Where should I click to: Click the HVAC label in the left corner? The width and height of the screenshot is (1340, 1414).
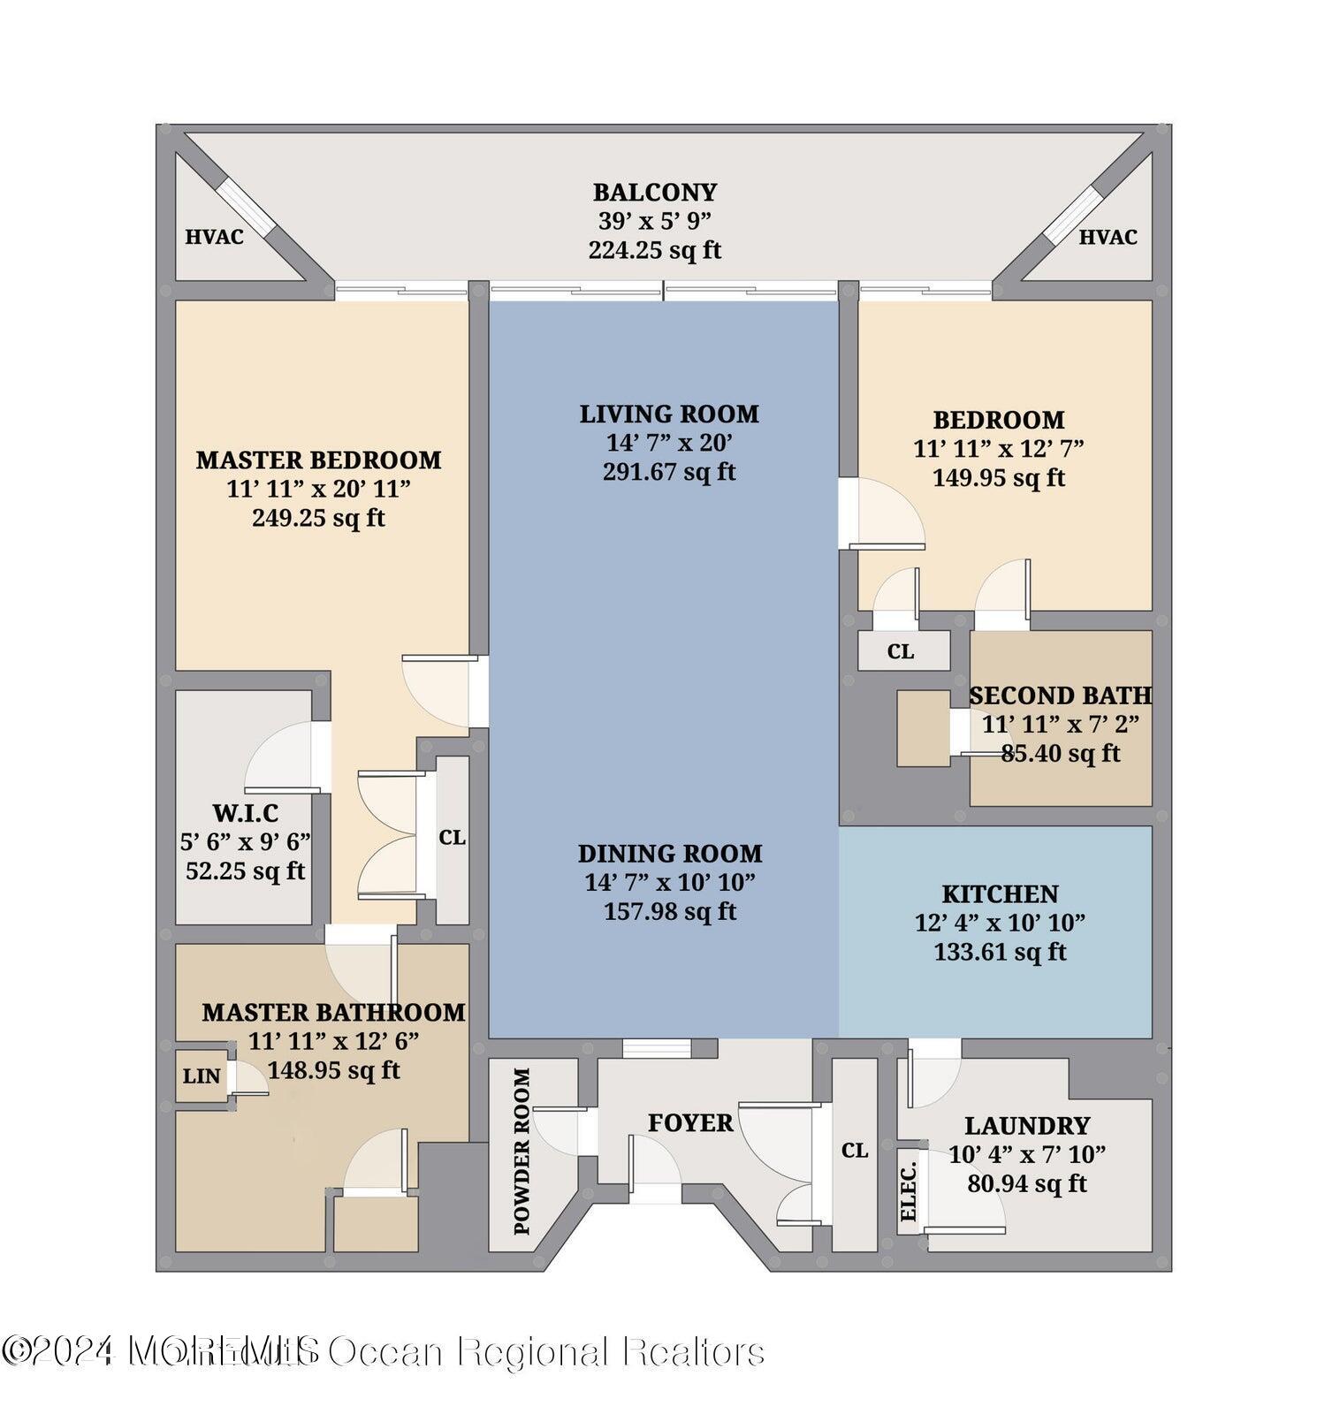214,237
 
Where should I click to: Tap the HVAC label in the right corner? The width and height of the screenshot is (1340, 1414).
1108,237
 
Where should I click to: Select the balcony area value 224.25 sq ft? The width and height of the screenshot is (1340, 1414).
655,251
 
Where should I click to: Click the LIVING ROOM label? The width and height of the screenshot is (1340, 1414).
669,414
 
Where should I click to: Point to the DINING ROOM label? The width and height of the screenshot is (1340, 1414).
670,854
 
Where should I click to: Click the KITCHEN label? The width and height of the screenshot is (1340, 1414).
1000,893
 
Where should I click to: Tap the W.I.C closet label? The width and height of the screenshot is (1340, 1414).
246,812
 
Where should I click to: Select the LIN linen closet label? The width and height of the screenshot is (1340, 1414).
202,1076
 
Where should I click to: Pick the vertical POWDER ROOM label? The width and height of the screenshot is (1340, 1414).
522,1151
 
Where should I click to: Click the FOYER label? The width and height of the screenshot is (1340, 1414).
690,1123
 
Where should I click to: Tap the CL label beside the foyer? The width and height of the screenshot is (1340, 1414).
855,1151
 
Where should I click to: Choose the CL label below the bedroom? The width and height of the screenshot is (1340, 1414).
900,652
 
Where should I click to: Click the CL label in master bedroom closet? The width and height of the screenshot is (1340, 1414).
452,837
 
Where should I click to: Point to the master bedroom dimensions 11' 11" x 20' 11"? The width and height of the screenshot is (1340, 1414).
318,489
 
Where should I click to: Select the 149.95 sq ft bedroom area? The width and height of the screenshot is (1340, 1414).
999,478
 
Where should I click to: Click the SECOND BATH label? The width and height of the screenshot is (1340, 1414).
1060,696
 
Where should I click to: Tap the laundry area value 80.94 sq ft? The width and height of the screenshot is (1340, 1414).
1027,1183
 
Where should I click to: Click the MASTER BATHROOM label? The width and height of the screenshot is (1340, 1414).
333,1013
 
